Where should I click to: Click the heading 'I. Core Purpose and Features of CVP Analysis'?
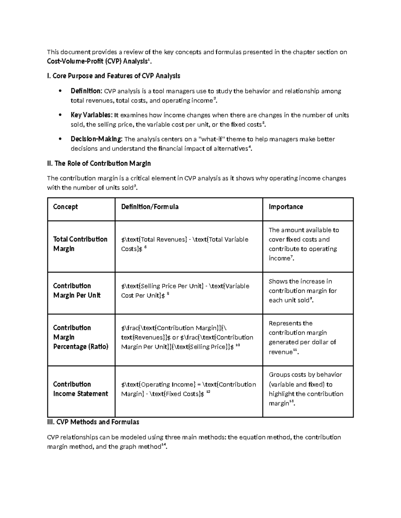[x=114, y=76]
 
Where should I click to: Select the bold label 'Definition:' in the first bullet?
[x=86, y=91]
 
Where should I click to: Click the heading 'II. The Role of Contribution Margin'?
[x=99, y=163]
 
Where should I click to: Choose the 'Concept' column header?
[x=65, y=207]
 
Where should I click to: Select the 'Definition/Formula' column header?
[x=150, y=207]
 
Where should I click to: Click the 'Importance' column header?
[x=286, y=207]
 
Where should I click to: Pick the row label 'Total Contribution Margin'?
[x=80, y=244]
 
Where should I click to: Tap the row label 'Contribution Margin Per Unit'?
[x=77, y=291]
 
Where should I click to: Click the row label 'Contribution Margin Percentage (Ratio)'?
[x=81, y=337]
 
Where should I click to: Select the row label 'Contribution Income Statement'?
[x=81, y=389]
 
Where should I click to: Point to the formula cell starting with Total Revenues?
[x=184, y=244]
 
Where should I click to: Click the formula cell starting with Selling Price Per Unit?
[x=185, y=291]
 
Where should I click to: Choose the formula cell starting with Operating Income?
[x=188, y=389]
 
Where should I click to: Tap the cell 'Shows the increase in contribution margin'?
[x=303, y=291]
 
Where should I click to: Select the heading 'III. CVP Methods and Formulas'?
[x=93, y=422]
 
